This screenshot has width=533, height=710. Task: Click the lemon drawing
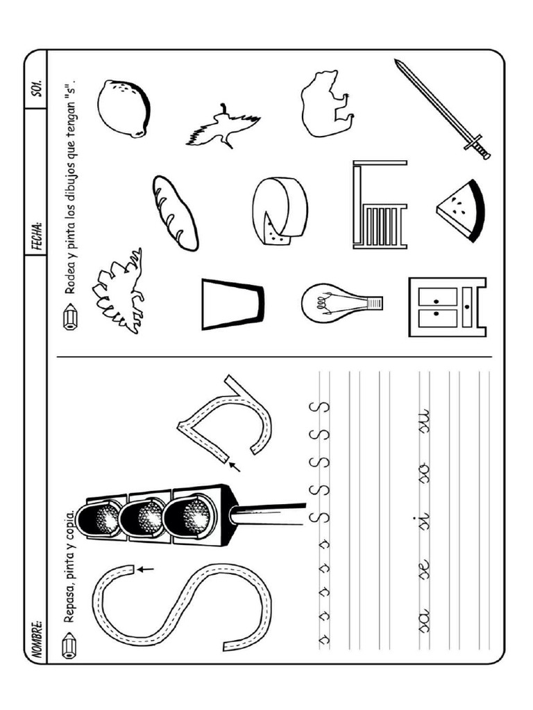(124, 108)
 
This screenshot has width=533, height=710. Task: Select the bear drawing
(326, 103)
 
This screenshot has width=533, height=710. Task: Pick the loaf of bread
(175, 212)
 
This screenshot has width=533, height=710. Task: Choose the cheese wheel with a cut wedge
(279, 211)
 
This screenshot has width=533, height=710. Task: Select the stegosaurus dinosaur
(119, 291)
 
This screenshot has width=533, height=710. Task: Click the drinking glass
(232, 304)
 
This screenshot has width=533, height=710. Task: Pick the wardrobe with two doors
(446, 306)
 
